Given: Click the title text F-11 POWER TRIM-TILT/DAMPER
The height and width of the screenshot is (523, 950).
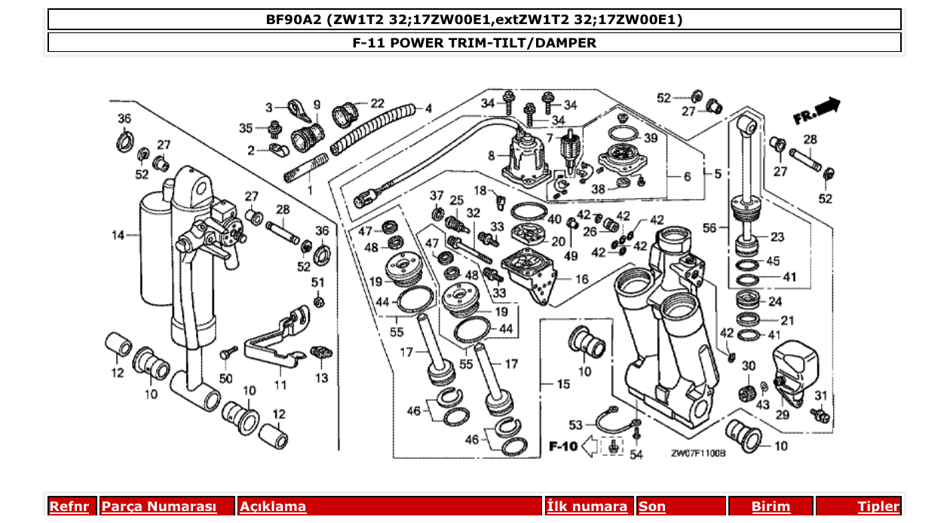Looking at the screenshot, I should click(x=474, y=43).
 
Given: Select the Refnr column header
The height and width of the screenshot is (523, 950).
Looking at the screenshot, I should click(x=69, y=506).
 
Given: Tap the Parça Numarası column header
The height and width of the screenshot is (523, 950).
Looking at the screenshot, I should click(x=159, y=506).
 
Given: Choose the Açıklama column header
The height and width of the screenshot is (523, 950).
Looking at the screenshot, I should click(x=273, y=506).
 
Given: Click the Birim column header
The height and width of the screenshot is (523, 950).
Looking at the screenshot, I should click(x=771, y=506).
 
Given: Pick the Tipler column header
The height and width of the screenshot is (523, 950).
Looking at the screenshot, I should click(x=878, y=506).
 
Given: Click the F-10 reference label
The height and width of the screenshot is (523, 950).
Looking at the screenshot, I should click(x=563, y=447).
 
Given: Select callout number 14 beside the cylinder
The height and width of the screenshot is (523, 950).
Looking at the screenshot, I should click(x=118, y=236).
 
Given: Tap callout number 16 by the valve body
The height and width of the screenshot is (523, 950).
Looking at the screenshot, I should click(x=581, y=279).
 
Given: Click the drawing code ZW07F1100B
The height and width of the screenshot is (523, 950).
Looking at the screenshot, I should click(x=698, y=454).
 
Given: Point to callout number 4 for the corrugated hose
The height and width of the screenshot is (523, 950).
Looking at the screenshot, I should click(x=428, y=109).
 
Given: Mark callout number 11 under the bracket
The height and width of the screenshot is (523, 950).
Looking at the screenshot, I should click(x=280, y=385).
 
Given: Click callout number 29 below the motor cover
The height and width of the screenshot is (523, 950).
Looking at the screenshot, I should click(x=781, y=415).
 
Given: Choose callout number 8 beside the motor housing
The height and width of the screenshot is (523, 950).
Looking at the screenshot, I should click(x=492, y=156).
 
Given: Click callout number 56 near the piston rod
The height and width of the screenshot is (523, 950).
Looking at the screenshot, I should click(x=709, y=226).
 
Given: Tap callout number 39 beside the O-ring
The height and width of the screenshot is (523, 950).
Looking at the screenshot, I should click(x=651, y=138).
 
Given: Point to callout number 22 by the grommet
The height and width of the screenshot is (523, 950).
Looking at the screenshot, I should click(x=377, y=103).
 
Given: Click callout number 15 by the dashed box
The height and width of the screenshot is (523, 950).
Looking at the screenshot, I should click(x=562, y=384).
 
